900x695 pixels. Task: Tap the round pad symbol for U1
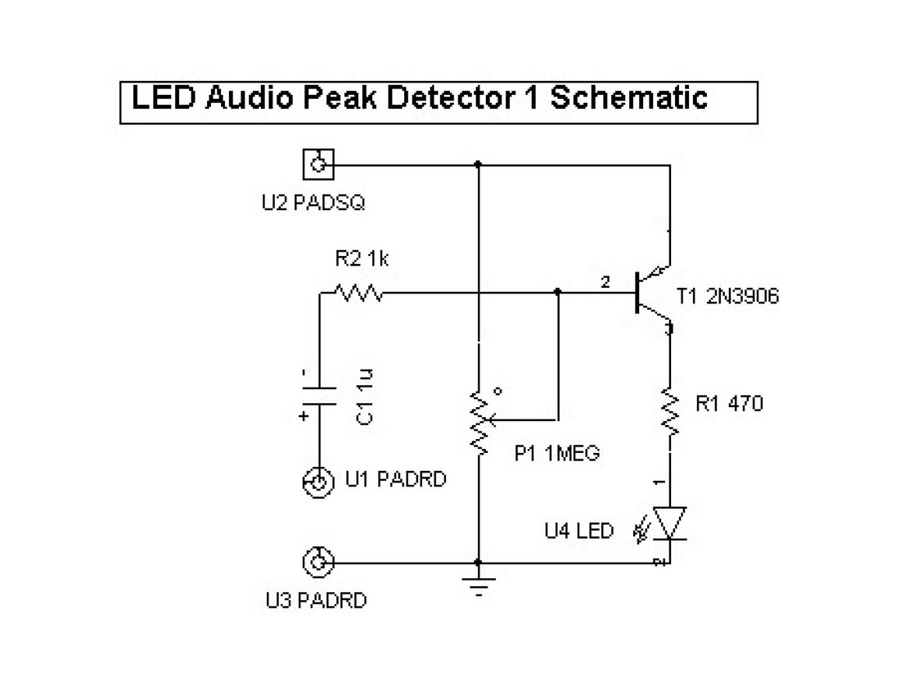click(x=317, y=482)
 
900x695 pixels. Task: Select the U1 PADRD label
click(x=396, y=480)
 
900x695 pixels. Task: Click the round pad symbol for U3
click(x=317, y=562)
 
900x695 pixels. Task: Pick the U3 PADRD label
click(x=316, y=602)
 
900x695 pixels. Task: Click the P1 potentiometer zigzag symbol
click(x=479, y=422)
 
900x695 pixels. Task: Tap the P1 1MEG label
click(x=557, y=452)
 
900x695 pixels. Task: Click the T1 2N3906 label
click(x=728, y=296)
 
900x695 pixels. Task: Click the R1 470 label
click(x=728, y=403)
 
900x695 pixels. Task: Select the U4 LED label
click(x=579, y=531)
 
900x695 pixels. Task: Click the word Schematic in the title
click(x=628, y=99)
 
